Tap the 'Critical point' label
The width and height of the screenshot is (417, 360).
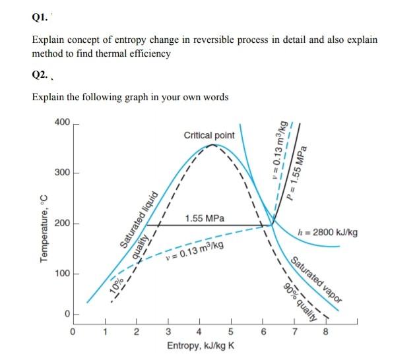[x=209, y=135]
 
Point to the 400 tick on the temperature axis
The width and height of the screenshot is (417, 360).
[x=61, y=123]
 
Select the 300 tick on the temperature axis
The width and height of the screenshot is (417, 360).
[x=61, y=173]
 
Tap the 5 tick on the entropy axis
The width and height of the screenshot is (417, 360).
[x=231, y=332]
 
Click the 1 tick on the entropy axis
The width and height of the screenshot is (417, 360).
[x=104, y=332]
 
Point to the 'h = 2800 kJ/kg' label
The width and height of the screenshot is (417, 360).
[x=328, y=233]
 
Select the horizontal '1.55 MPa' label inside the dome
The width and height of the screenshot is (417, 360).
[x=205, y=218]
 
